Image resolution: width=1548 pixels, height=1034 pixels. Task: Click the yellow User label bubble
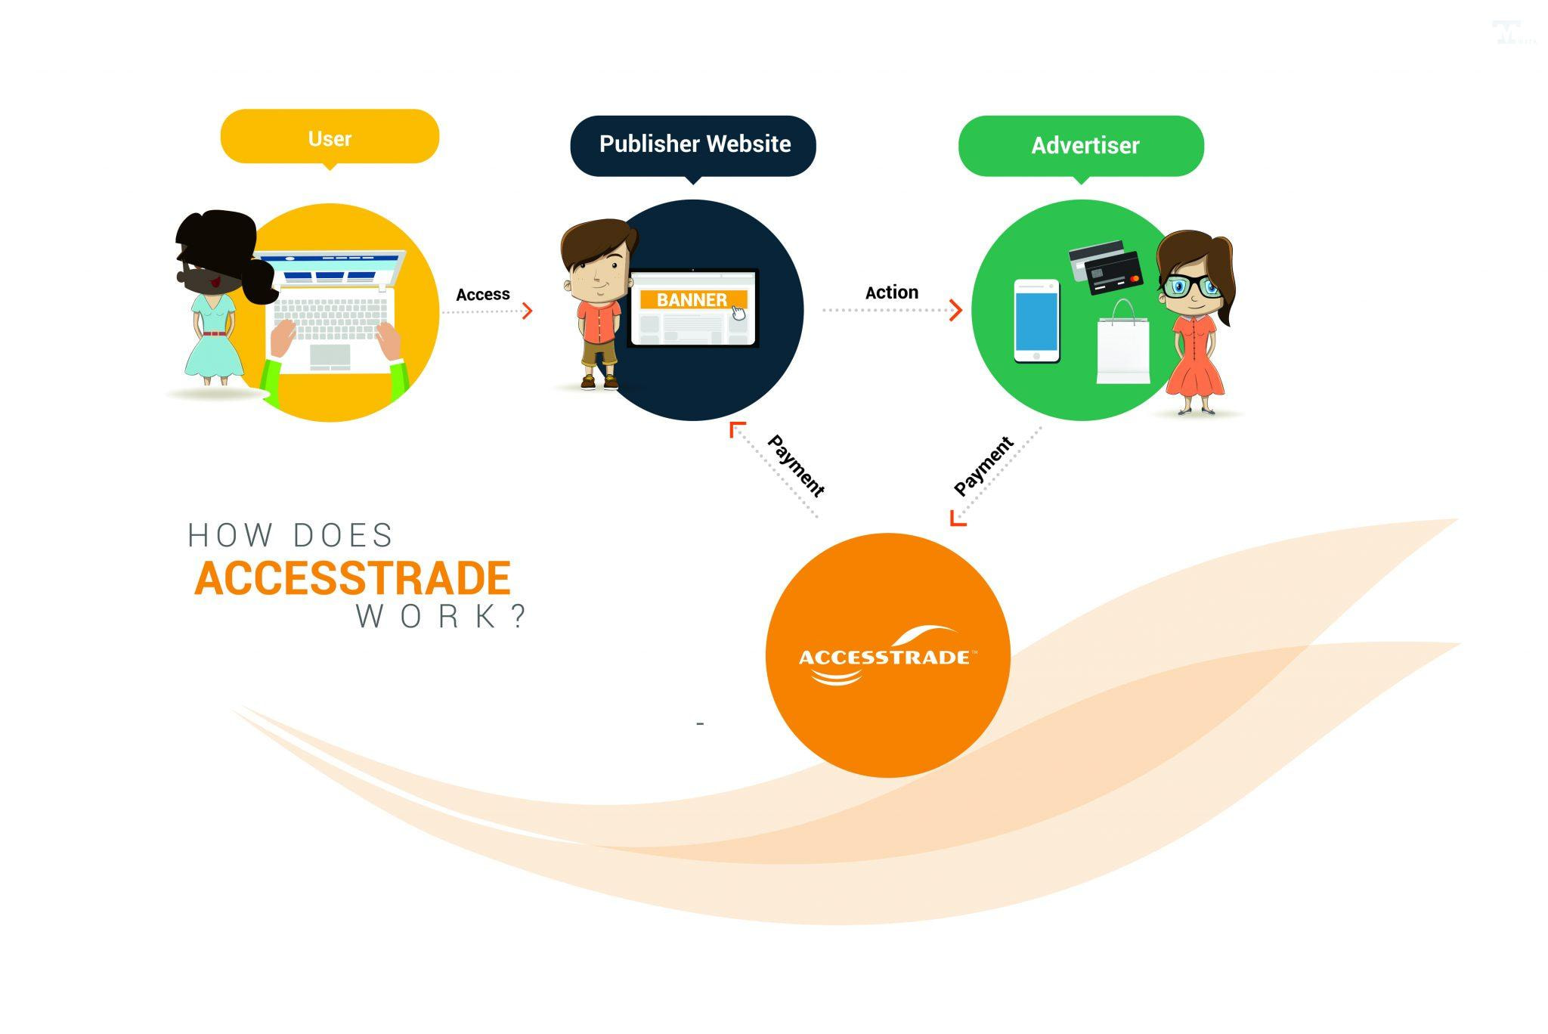[330, 137]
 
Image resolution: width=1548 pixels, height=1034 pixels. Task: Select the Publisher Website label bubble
[693, 145]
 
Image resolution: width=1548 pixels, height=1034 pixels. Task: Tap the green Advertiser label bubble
[1082, 146]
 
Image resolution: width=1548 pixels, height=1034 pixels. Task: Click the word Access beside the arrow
[482, 294]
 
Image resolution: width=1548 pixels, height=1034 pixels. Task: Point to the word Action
[891, 293]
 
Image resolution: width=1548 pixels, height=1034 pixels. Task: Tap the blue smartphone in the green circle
[1036, 320]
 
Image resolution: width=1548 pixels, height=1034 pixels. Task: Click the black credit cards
[1106, 266]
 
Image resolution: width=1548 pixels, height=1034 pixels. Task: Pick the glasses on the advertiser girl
[1193, 286]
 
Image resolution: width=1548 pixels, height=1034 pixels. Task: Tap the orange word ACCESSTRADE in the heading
[352, 579]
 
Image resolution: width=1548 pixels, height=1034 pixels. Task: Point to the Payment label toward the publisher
[795, 466]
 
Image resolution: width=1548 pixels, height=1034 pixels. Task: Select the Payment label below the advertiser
[983, 466]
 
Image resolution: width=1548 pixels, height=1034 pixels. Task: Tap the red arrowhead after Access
[528, 310]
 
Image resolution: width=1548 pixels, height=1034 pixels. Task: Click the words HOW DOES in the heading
[290, 535]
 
